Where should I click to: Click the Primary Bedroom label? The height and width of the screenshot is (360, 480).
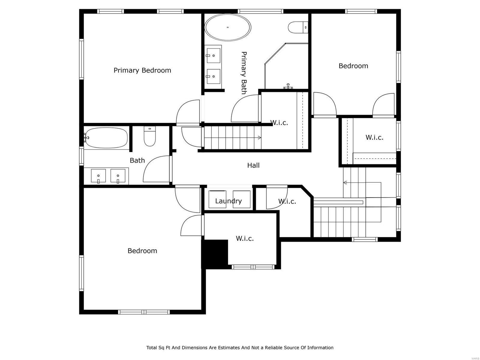142,70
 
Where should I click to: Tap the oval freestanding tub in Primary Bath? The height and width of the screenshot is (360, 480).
228,27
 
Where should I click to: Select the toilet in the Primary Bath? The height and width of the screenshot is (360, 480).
298,27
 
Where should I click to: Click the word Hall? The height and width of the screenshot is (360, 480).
253,165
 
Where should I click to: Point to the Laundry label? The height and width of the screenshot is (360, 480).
228,201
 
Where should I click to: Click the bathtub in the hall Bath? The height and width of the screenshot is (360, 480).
107,138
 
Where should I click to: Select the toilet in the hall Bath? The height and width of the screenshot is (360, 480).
150,137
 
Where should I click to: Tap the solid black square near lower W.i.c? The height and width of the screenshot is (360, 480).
215,253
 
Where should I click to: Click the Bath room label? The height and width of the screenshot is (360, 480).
137,160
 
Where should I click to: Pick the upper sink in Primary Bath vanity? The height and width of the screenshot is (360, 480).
213,55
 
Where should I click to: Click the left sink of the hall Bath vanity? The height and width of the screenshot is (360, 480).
98,175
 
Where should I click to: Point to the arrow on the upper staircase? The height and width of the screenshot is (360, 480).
259,138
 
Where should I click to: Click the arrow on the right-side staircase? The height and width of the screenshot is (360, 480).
345,182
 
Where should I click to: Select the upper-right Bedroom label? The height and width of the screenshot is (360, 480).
353,66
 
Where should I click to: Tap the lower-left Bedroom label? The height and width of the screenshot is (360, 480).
142,251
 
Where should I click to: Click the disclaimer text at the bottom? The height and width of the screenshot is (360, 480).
240,348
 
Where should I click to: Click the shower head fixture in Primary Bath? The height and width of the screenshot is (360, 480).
288,86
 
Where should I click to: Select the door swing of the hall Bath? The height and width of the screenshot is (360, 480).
156,169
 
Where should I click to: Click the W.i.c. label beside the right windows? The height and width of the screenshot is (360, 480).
374,137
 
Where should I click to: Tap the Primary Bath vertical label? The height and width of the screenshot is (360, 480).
244,73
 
